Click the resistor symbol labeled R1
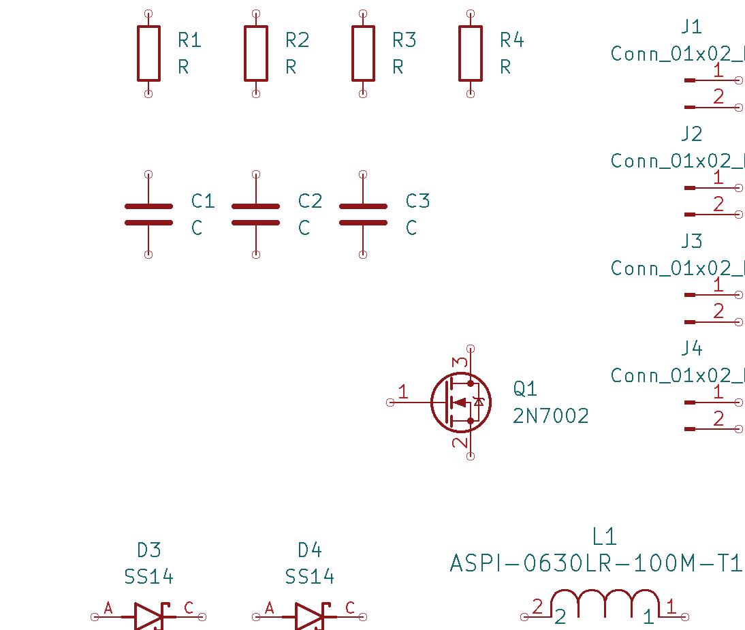[x=148, y=53]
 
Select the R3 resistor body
[x=363, y=53]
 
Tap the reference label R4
[x=511, y=40]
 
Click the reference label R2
[x=297, y=40]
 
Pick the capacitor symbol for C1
[x=148, y=214]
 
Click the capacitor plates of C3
[x=363, y=214]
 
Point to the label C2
[x=310, y=201]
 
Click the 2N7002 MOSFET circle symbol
[x=461, y=402]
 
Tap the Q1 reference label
[x=525, y=389]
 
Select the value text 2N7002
[x=550, y=415]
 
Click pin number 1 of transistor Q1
[x=403, y=392]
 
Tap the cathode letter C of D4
[x=350, y=608]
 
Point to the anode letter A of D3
[x=108, y=608]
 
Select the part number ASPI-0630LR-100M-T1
[x=595, y=564]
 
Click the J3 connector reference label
[x=691, y=241]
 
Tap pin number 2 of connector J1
[x=718, y=97]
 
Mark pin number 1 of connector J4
[x=718, y=392]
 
